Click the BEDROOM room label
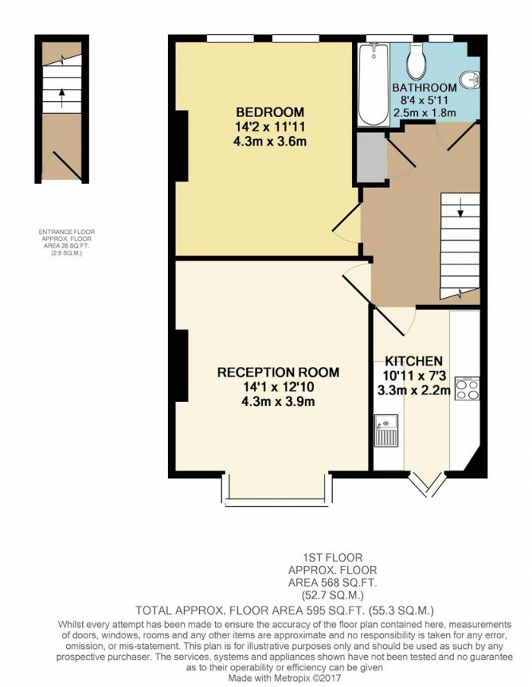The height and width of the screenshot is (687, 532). [x=270, y=112]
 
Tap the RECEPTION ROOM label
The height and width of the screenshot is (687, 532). [x=278, y=372]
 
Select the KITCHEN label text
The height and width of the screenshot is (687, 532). [x=413, y=360]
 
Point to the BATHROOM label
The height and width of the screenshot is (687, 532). [x=425, y=87]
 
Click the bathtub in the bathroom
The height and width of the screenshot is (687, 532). [x=373, y=84]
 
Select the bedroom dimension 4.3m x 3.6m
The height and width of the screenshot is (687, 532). [x=270, y=141]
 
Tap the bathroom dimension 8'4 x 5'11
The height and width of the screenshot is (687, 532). [x=425, y=100]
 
